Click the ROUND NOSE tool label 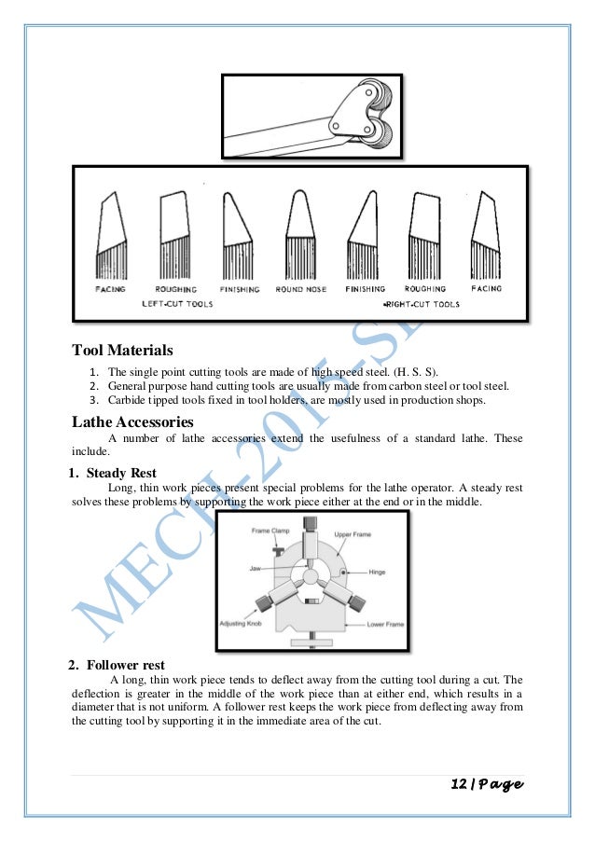point(301,290)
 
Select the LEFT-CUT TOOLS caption point(177,304)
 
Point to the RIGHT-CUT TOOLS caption point(422,304)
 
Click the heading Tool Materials point(122,352)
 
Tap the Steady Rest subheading point(121,473)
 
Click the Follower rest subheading point(125,665)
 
